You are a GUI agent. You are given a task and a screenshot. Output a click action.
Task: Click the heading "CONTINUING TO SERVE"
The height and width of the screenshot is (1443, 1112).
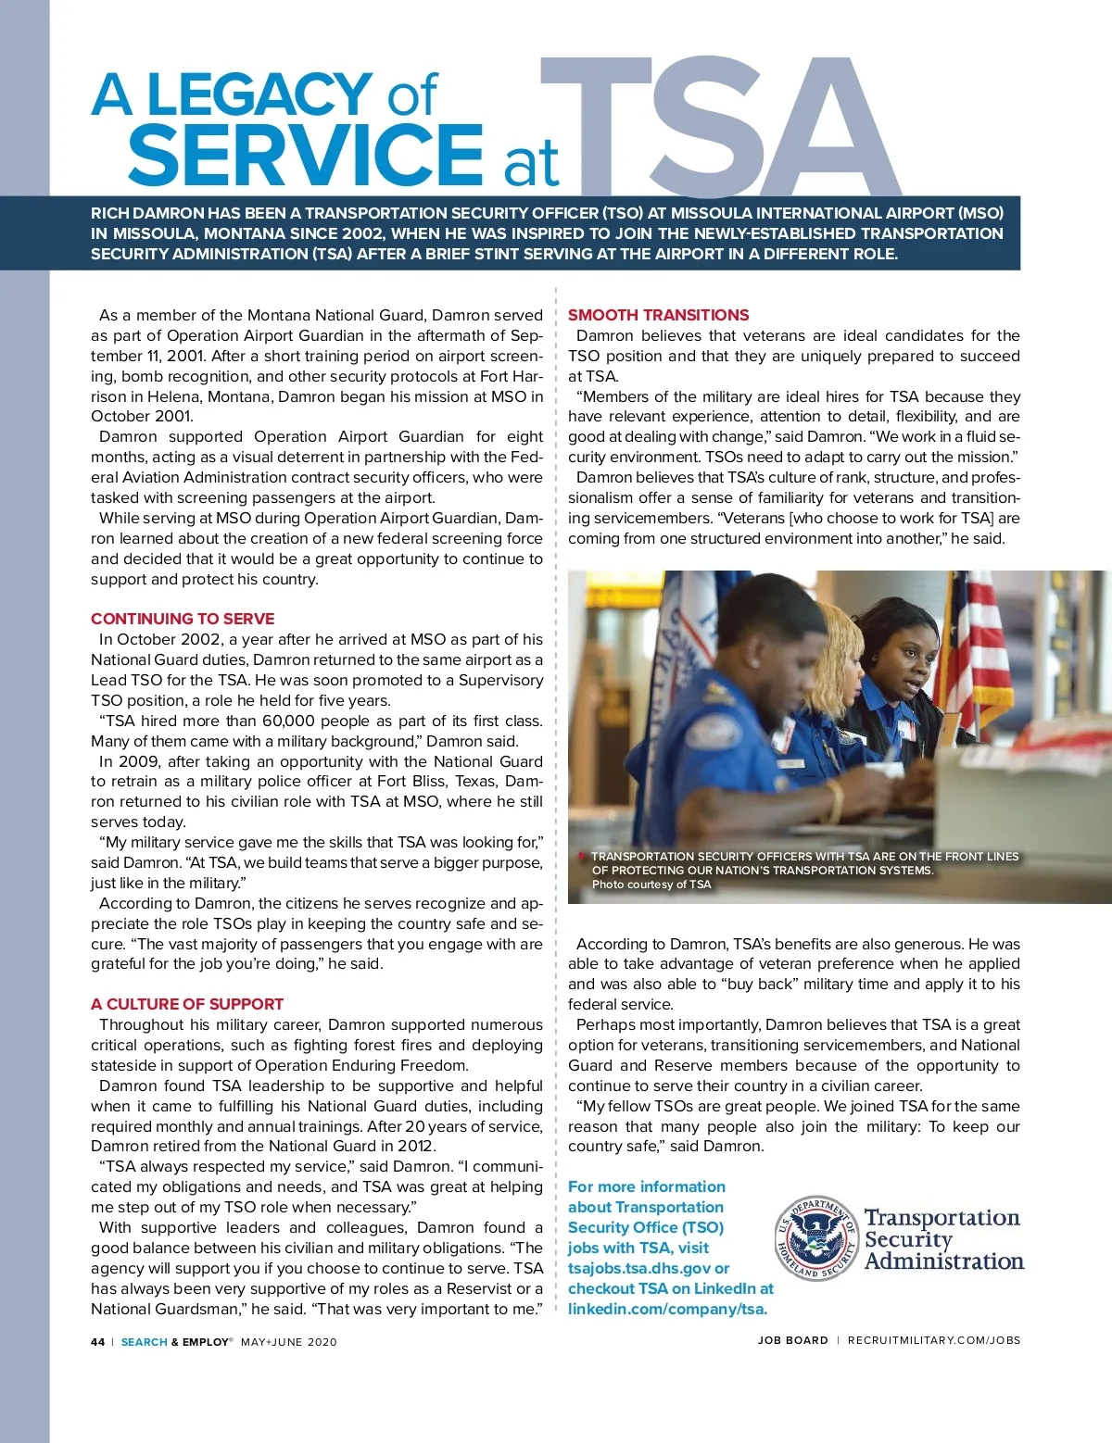(183, 619)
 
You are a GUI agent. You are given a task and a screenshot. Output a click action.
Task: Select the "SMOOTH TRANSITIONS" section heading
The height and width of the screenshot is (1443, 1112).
(658, 315)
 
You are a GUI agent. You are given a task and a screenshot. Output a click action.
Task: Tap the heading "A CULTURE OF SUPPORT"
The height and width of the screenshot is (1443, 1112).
(187, 1004)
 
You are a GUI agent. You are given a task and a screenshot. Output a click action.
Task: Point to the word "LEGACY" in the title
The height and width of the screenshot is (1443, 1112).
(259, 95)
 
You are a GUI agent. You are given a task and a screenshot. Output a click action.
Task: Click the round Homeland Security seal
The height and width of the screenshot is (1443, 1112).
(816, 1238)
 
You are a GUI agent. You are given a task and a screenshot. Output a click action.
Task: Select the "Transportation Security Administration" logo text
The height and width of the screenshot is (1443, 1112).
(943, 1239)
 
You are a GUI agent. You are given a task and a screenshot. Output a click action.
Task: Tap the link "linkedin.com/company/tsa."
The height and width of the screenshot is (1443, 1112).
(667, 1309)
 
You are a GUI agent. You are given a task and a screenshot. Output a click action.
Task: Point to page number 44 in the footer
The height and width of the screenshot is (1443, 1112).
(98, 1342)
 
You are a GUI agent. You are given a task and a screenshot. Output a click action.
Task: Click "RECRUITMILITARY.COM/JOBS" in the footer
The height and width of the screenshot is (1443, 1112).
(933, 1340)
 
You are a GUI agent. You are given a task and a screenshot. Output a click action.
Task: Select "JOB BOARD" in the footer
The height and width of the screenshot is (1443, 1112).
(792, 1340)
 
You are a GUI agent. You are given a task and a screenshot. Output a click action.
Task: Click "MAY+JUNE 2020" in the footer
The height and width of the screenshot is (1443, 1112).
(289, 1342)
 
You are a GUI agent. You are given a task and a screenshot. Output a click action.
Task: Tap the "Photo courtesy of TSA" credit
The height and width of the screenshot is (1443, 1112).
(651, 885)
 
